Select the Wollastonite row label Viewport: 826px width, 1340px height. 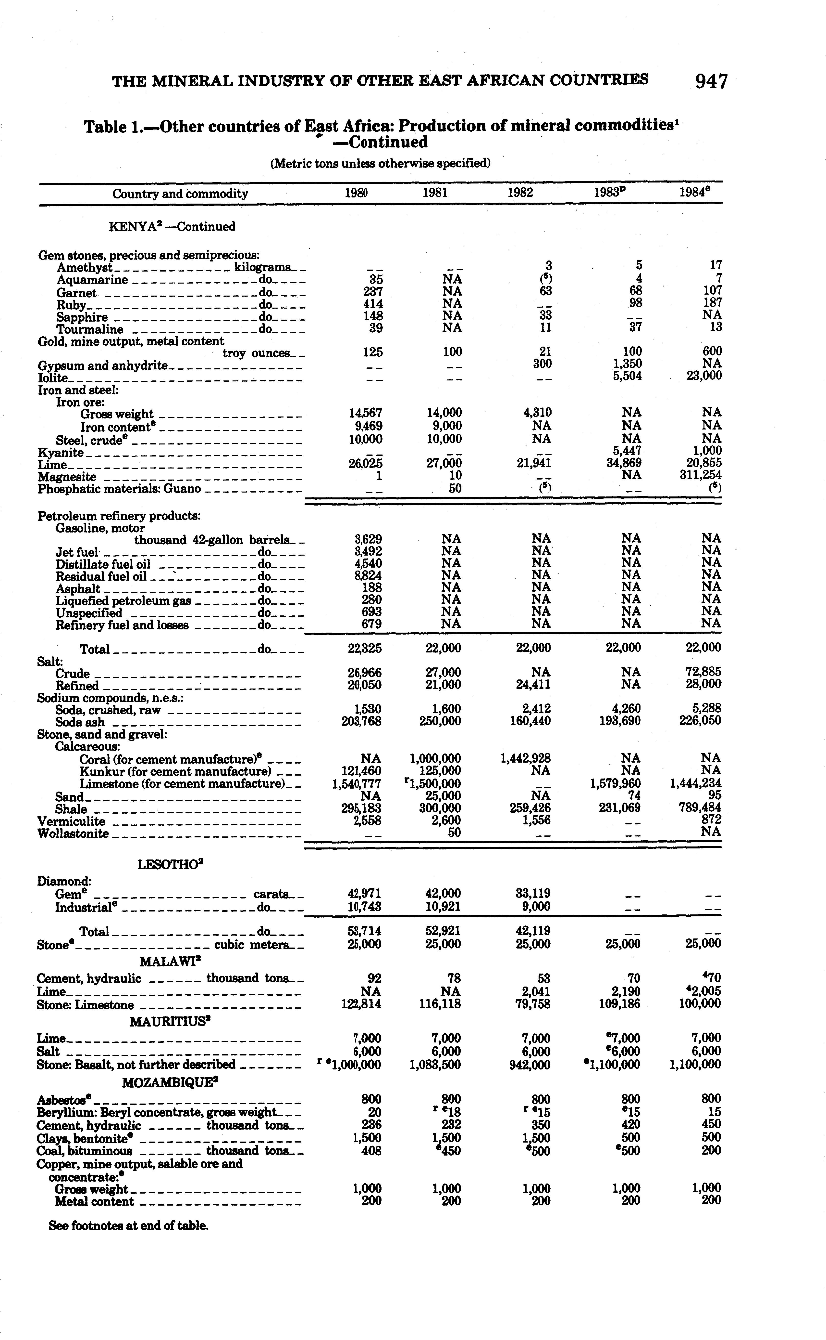coord(73,834)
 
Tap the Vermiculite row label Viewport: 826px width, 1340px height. coord(71,821)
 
